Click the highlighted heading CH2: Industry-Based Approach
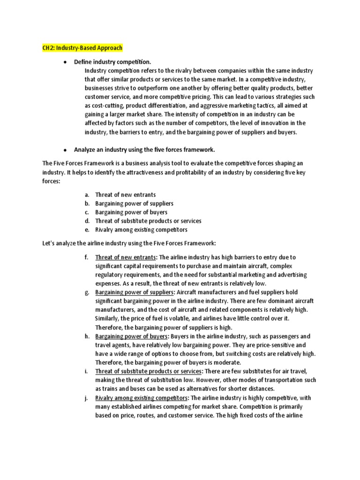[x=82, y=48]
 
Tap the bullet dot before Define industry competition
[x=64, y=62]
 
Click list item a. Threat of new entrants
[x=125, y=195]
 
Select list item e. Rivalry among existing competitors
[x=141, y=230]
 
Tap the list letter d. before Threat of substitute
[x=87, y=221]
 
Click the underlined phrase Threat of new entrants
[x=125, y=257]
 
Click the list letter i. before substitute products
[x=87, y=372]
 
